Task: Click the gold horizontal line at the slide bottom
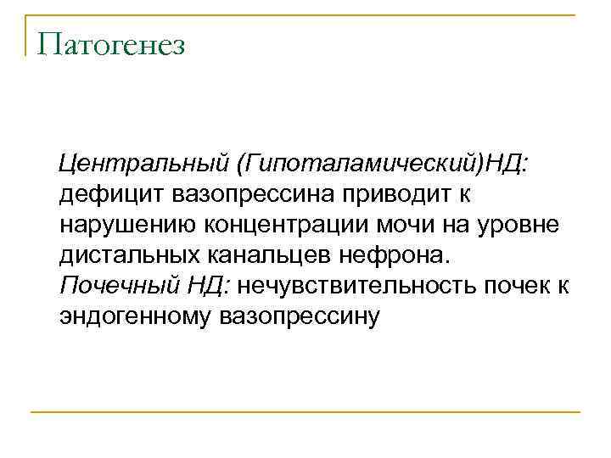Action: [x=305, y=412]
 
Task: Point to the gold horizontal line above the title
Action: [x=305, y=14]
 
